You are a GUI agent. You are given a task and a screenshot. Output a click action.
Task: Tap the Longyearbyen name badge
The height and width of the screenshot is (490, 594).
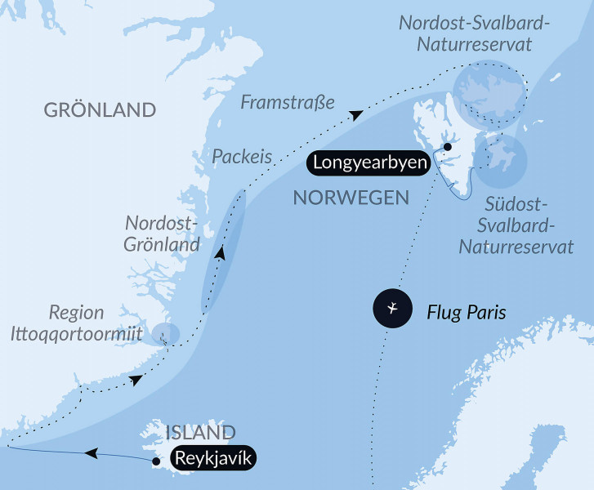368,163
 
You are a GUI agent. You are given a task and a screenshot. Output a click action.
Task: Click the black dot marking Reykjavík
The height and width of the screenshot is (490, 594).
156,461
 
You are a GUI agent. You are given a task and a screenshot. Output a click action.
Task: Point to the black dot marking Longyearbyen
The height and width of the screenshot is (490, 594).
447,147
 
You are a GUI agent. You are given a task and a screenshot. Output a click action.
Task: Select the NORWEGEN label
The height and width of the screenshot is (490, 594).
351,197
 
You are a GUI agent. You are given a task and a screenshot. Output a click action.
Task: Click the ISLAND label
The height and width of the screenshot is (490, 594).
200,432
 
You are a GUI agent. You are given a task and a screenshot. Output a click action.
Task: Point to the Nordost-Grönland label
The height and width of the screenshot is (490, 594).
162,234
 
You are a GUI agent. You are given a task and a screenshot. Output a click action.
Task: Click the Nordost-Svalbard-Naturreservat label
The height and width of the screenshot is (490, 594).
474,33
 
